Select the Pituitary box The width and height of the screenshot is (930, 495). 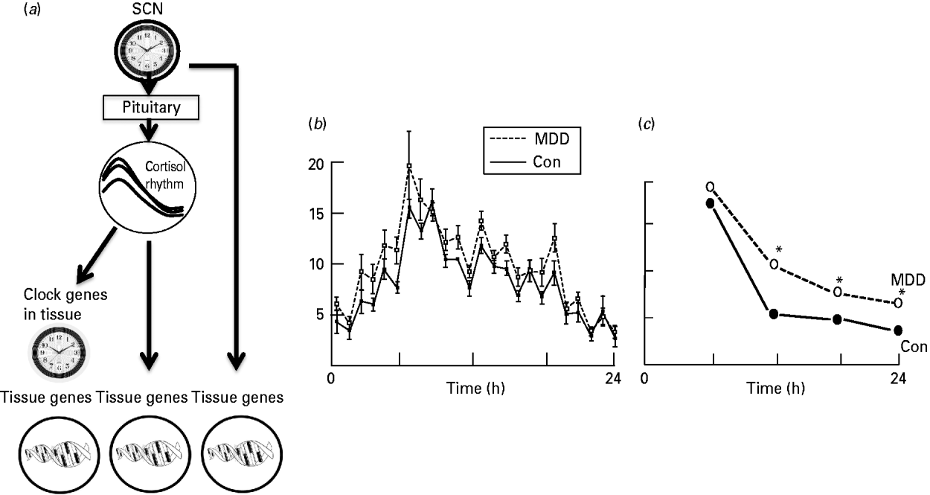pos(151,109)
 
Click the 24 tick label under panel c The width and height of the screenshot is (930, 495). pos(898,378)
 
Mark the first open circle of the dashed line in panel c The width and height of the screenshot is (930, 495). pos(711,186)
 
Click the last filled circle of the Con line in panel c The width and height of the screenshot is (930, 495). pos(898,330)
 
